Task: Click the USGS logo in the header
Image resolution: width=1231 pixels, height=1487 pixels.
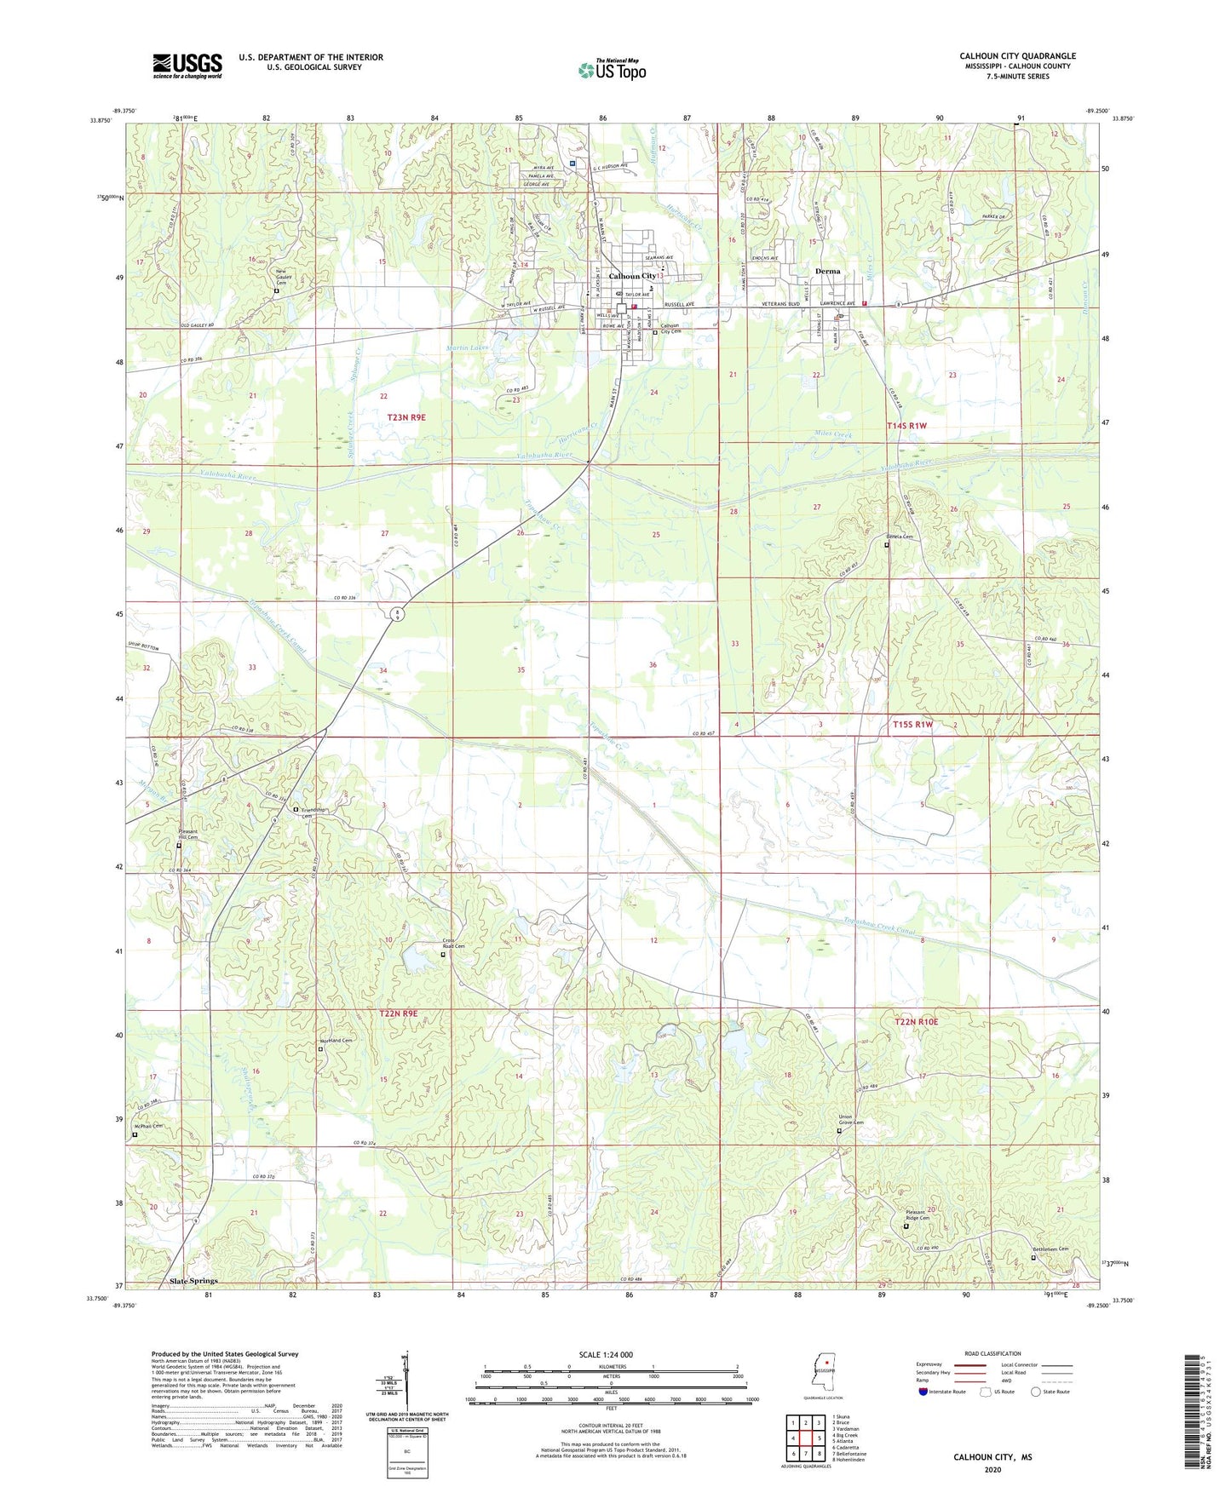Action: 187,66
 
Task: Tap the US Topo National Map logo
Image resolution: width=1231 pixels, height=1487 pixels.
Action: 612,69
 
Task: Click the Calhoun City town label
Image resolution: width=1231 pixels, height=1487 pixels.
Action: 632,276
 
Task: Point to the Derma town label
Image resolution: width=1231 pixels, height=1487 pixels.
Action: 827,271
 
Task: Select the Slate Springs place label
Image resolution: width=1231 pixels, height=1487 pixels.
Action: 193,1280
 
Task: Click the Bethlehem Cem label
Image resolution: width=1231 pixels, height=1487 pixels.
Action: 1050,1249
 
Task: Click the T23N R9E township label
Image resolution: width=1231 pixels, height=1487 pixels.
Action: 406,417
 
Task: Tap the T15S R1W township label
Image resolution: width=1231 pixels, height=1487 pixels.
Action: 912,724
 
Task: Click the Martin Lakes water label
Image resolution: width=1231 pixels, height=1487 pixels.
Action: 465,347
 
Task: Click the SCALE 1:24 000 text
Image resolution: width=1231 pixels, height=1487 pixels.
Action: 606,1354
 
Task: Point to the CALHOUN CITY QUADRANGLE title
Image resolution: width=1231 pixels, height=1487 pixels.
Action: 1017,56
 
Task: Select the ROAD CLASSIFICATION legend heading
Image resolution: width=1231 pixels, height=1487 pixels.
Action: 992,1353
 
